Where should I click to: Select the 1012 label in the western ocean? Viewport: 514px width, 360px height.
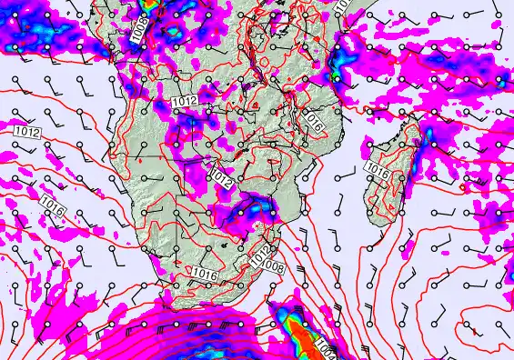coord(26,133)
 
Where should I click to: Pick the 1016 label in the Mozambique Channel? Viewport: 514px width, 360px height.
coord(377,170)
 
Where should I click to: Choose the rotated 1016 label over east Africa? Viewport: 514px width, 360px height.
coord(315,121)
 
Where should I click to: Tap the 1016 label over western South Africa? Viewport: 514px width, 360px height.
coord(205,272)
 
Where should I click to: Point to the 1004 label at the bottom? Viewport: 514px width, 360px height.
coord(325,348)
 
